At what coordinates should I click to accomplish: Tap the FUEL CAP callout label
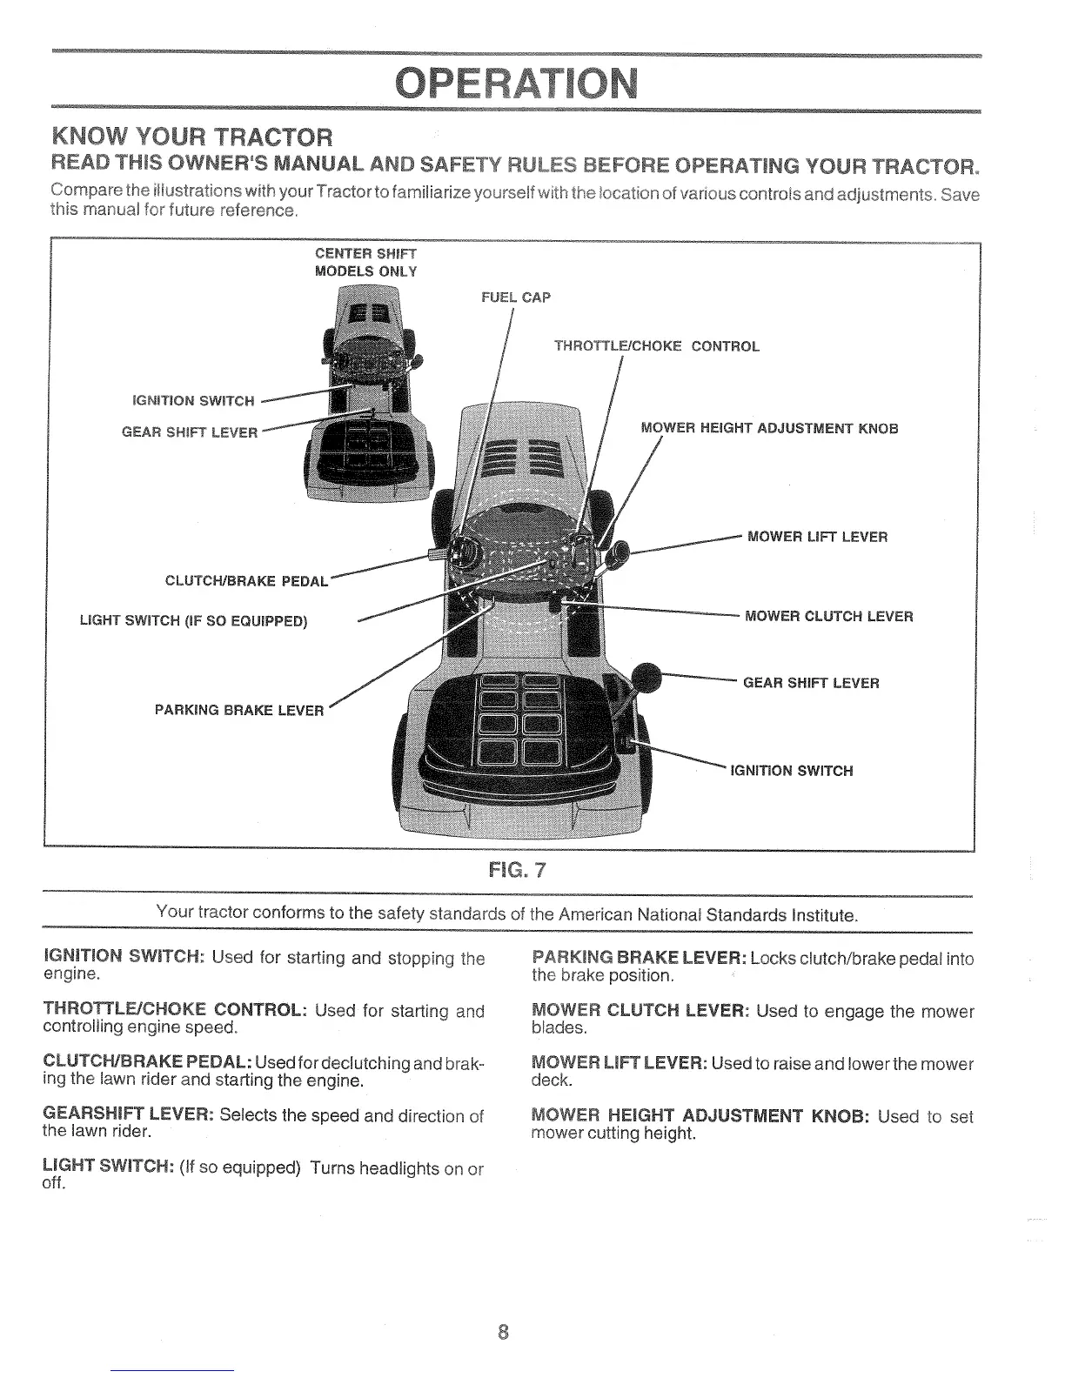tap(516, 298)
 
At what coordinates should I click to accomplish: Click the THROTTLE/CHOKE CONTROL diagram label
tap(657, 346)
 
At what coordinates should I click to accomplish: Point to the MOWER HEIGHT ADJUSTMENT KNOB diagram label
tap(769, 428)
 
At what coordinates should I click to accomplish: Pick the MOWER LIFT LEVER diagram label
tap(817, 537)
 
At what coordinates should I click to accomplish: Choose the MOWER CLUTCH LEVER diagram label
tap(829, 617)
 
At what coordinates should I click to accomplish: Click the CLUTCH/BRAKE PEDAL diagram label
tap(246, 580)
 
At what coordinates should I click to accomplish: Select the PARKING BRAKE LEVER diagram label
tap(238, 710)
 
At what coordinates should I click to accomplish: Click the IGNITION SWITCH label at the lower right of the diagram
tap(792, 771)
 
